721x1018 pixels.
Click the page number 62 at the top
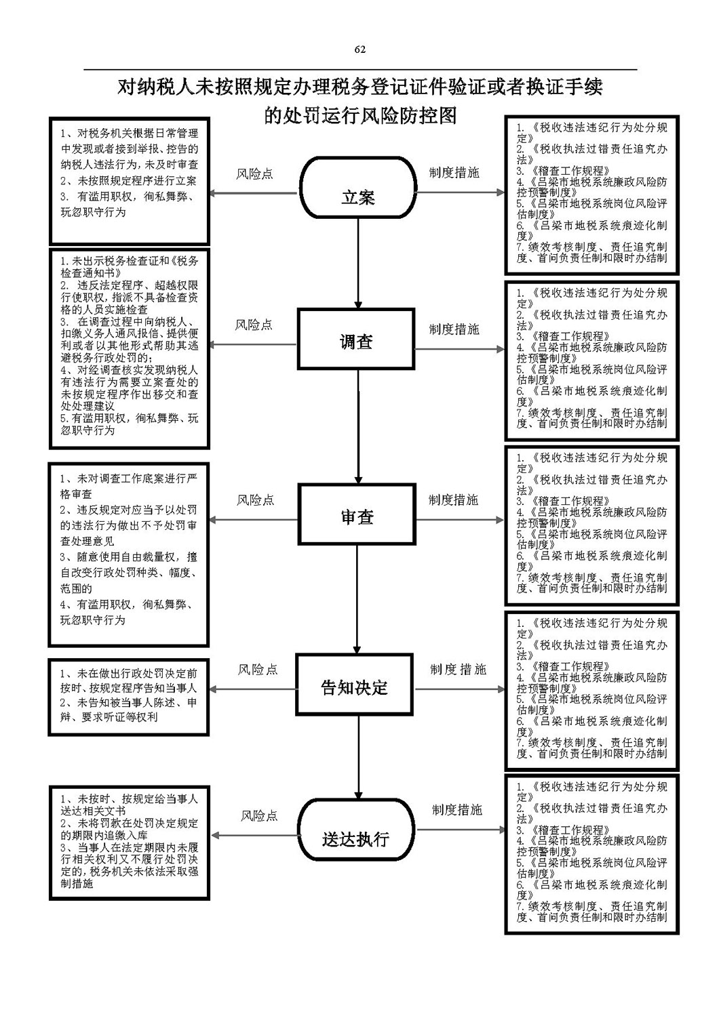pyautogui.click(x=359, y=49)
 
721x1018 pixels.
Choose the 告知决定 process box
pyautogui.click(x=354, y=686)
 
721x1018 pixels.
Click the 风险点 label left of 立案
pyautogui.click(x=254, y=174)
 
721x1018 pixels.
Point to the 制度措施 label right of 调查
pyautogui.click(x=454, y=329)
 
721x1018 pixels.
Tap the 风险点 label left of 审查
pyautogui.click(x=256, y=500)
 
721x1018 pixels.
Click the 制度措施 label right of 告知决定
pyautogui.click(x=458, y=670)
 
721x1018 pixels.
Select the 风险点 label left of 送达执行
pyautogui.click(x=259, y=816)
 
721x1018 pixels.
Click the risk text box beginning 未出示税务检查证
pyautogui.click(x=129, y=348)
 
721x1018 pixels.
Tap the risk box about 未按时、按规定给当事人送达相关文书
pyautogui.click(x=128, y=842)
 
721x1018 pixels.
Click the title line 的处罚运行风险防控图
pyautogui.click(x=360, y=116)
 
